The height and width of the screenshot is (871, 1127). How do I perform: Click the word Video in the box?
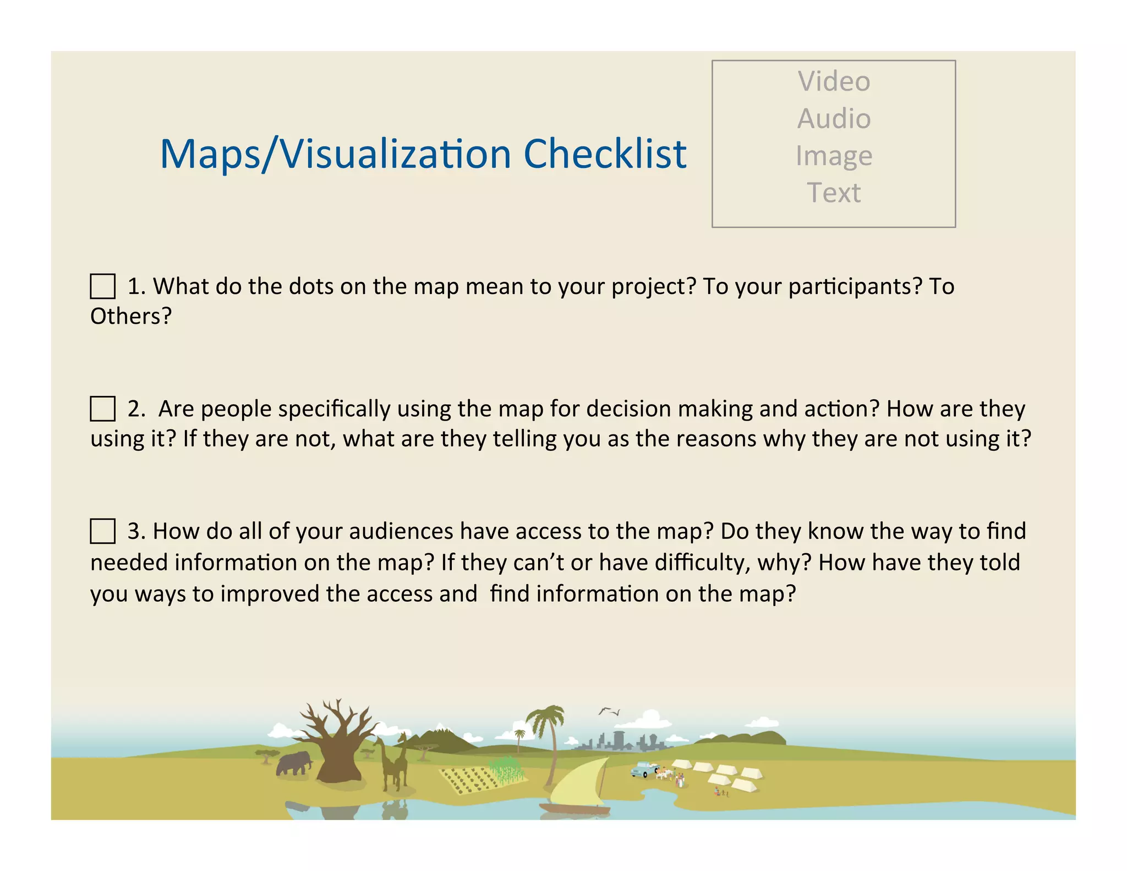click(x=834, y=81)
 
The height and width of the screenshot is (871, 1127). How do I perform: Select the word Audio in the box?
click(x=834, y=118)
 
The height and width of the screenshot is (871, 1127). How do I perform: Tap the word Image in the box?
click(x=834, y=156)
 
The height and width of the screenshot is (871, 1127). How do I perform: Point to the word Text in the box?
click(x=834, y=193)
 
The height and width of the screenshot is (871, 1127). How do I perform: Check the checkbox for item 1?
click(x=103, y=286)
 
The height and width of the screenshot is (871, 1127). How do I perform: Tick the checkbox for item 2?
click(x=103, y=409)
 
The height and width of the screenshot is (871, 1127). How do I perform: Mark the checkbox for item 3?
click(x=103, y=531)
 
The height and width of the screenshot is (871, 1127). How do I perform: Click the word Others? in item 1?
click(x=131, y=316)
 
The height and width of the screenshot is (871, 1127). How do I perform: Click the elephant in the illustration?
click(x=294, y=764)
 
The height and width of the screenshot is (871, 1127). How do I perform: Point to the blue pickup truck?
click(x=644, y=769)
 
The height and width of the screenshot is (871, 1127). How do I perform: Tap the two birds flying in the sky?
click(x=609, y=711)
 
